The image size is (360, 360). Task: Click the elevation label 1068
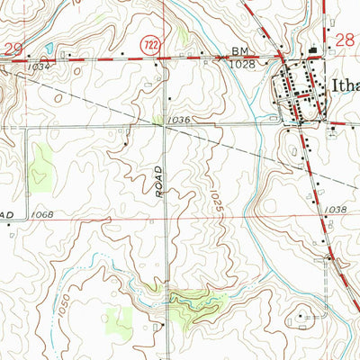[42, 214]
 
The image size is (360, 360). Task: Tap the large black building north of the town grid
[313, 52]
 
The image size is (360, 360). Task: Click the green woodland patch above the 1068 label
[41, 166]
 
